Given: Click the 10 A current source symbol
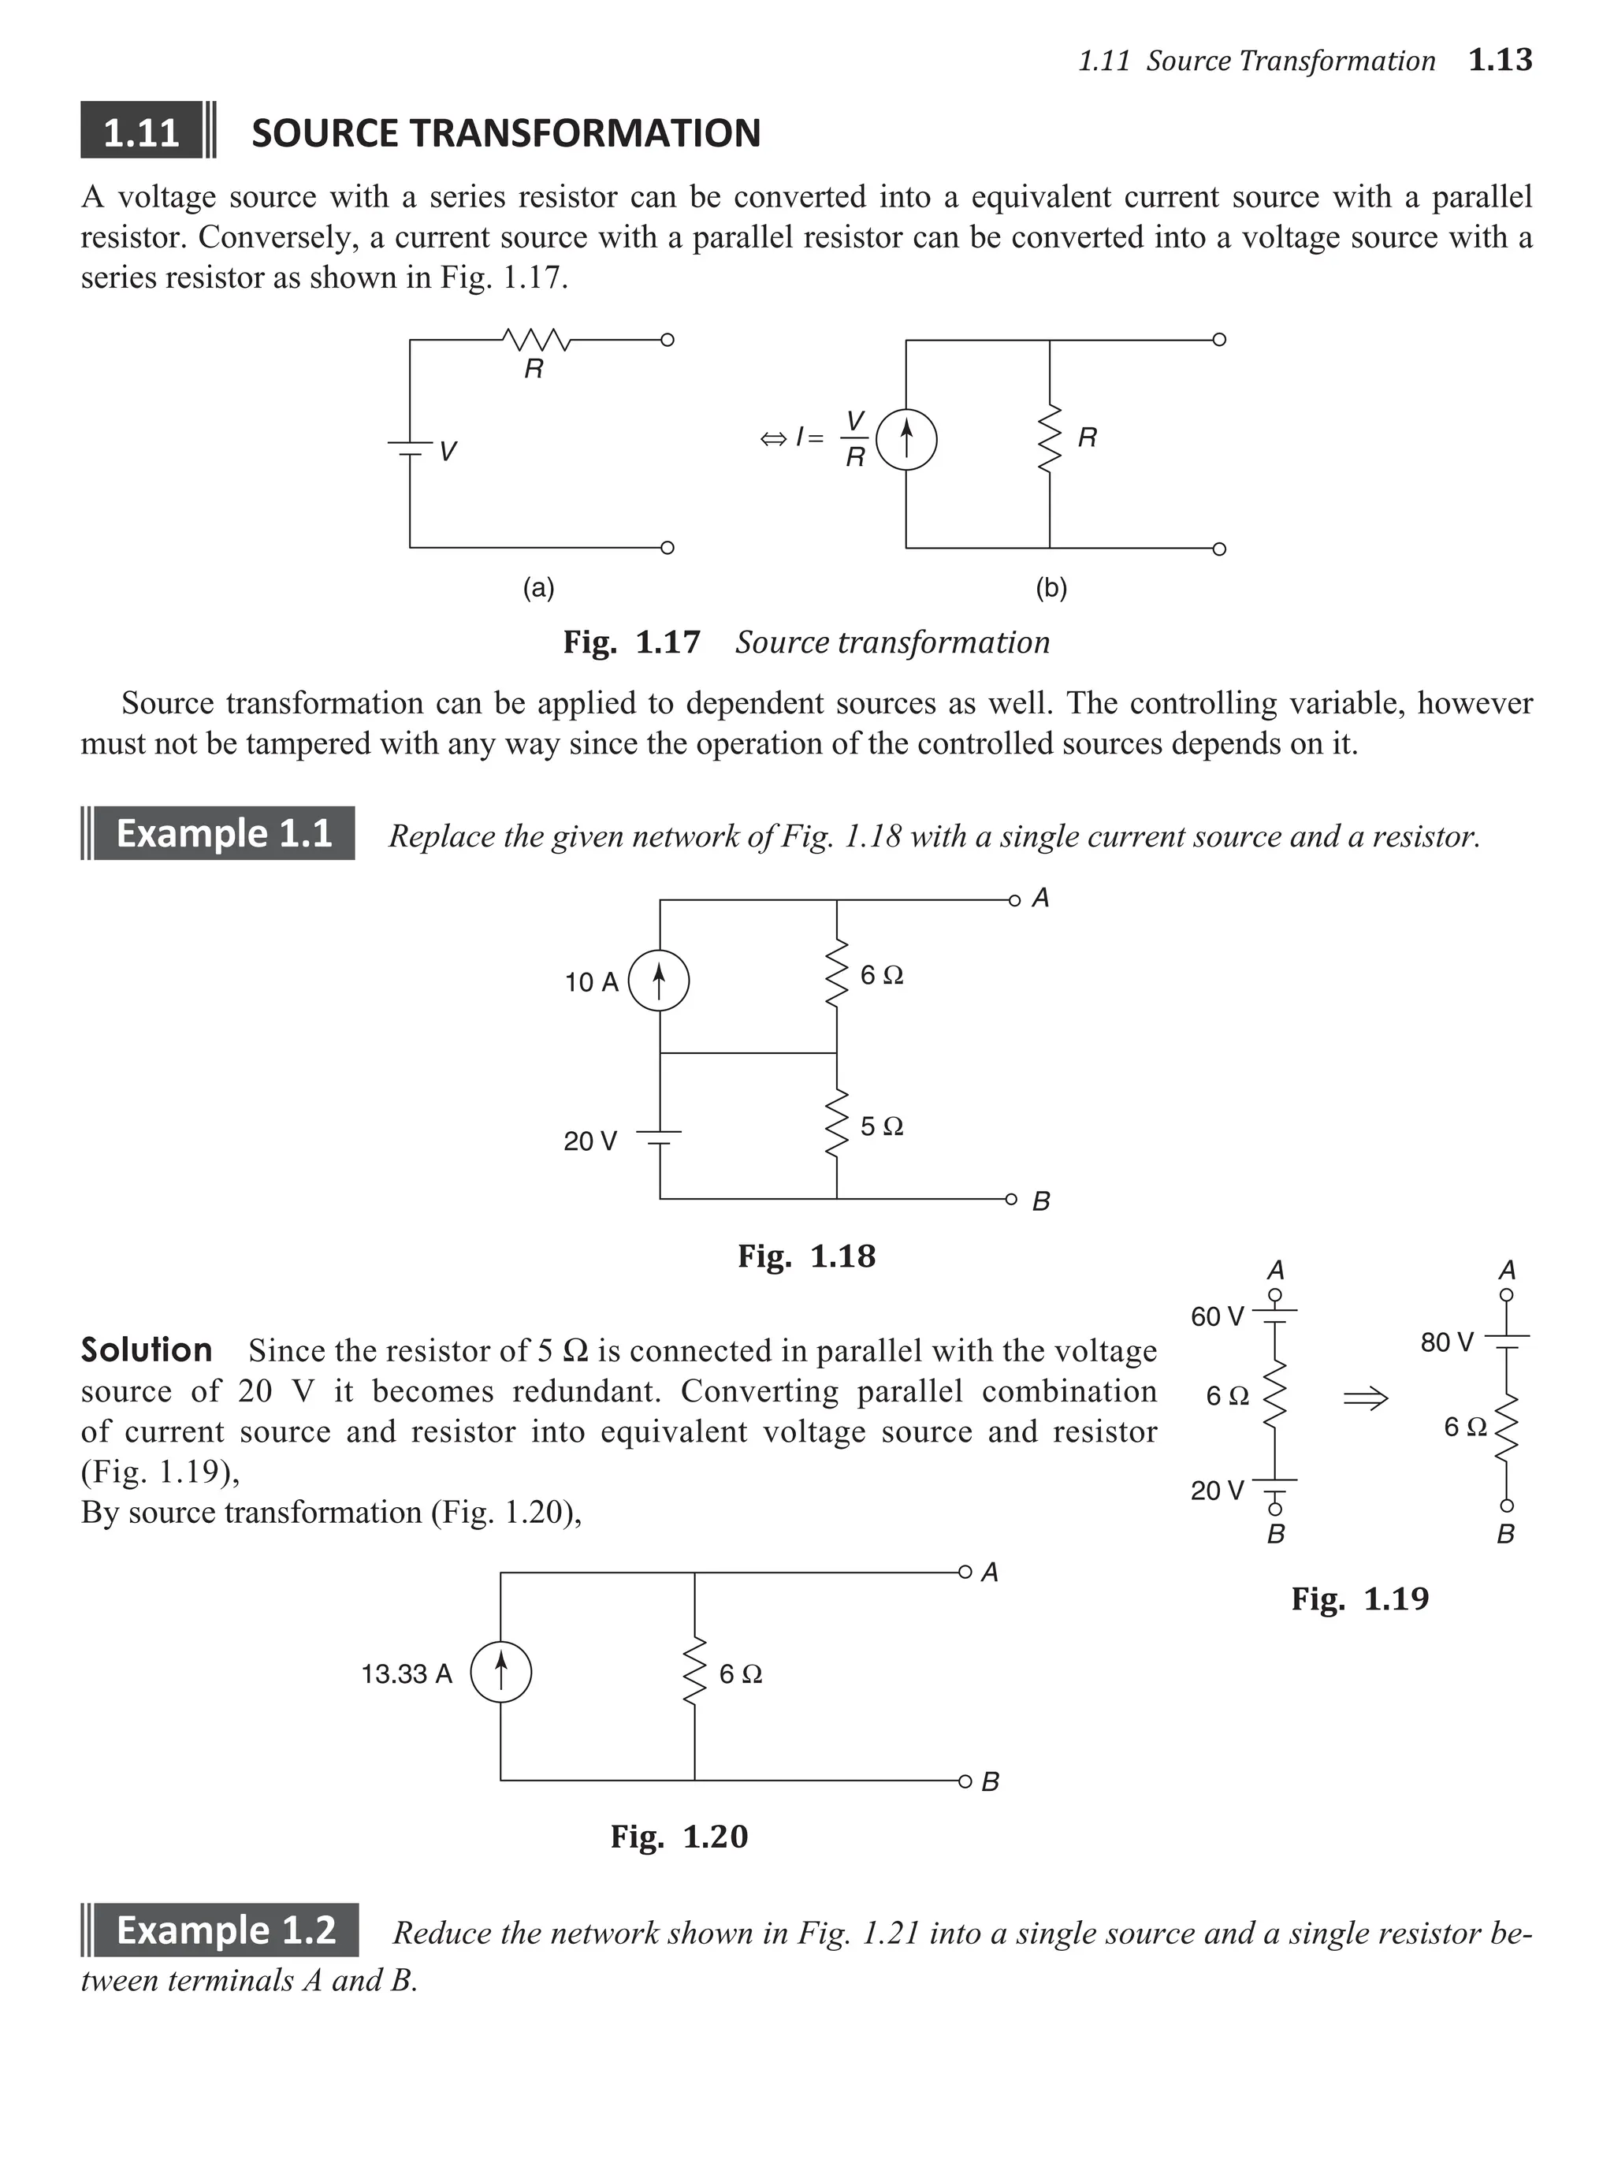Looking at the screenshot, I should pos(659,981).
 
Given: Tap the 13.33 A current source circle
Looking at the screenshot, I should pos(500,1673).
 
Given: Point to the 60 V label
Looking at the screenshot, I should pos(1217,1316).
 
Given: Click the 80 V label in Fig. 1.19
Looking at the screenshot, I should pos(1446,1343).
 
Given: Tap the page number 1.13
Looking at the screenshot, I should pos(1500,61).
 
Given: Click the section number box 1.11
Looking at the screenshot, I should pos(142,132).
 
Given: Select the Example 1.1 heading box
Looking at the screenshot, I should pos(224,833).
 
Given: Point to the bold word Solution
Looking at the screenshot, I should pos(147,1349).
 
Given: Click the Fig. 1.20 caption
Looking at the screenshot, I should pos(679,1836).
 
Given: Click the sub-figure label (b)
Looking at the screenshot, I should pos(1051,587).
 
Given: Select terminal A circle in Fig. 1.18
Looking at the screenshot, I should pos(1014,900).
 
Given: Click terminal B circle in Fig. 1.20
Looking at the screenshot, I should pos(964,1781).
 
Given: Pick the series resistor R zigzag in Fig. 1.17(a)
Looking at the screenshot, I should pos(535,340).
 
